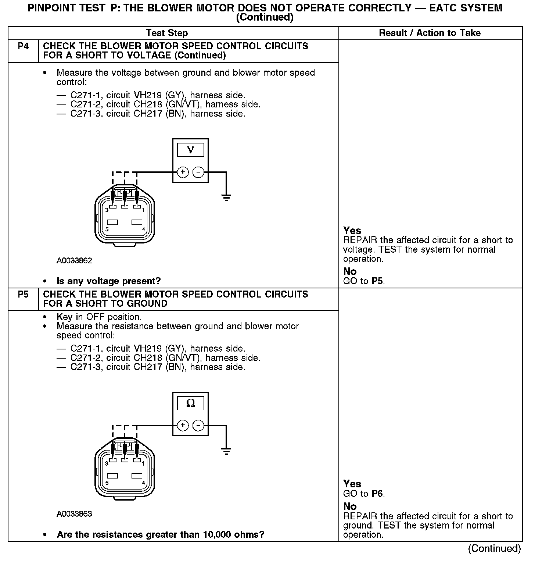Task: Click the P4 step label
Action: (x=23, y=46)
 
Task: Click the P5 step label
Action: (x=23, y=295)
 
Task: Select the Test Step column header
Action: (x=167, y=33)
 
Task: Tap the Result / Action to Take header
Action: (x=430, y=33)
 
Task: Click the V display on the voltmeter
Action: (x=190, y=150)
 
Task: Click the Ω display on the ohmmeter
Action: (x=190, y=403)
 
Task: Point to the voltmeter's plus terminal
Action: (x=183, y=172)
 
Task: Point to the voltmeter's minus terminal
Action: (x=198, y=172)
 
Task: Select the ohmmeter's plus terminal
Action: (x=183, y=426)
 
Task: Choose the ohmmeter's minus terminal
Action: (x=198, y=426)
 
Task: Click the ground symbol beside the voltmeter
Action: (x=226, y=198)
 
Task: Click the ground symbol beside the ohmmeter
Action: (x=226, y=452)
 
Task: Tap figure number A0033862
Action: (x=74, y=261)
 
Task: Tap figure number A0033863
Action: (x=74, y=514)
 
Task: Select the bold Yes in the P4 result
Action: (x=352, y=231)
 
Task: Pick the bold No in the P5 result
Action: (x=350, y=506)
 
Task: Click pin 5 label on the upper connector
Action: (x=107, y=230)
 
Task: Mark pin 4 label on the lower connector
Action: (x=143, y=483)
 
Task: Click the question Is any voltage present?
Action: (x=109, y=281)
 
